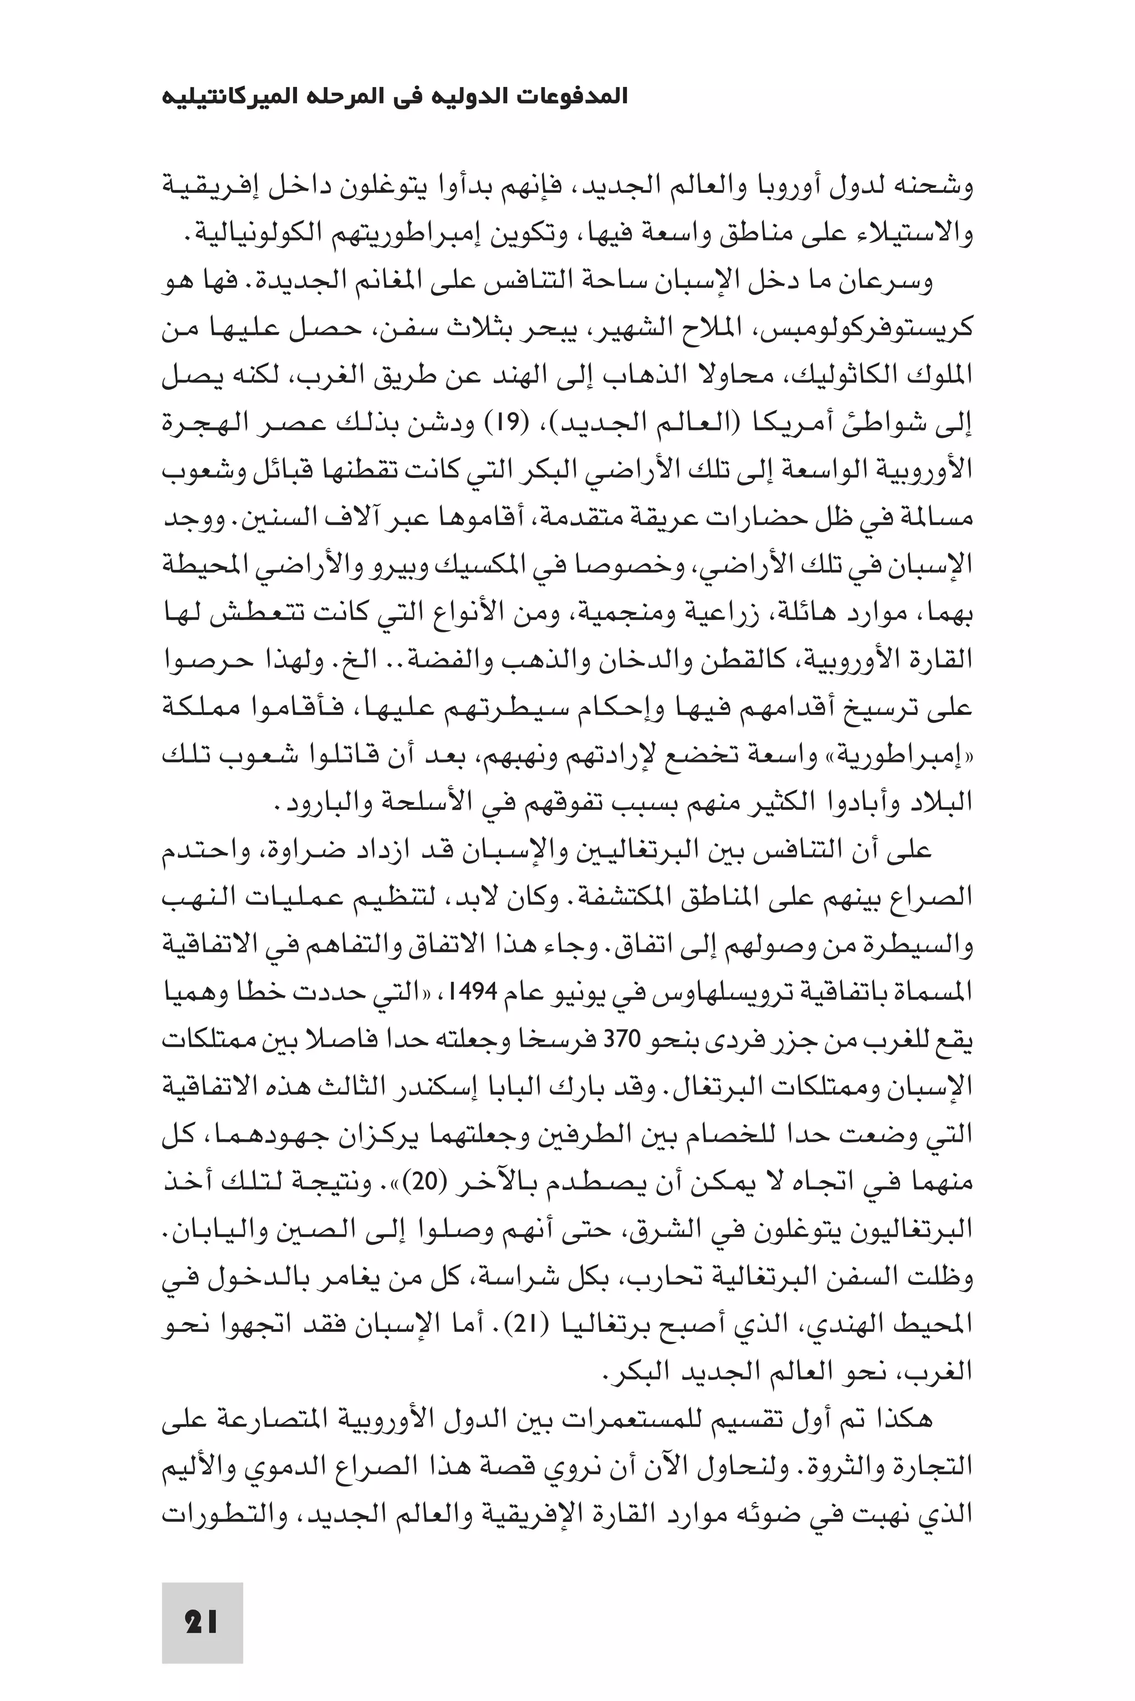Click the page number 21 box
202,1621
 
